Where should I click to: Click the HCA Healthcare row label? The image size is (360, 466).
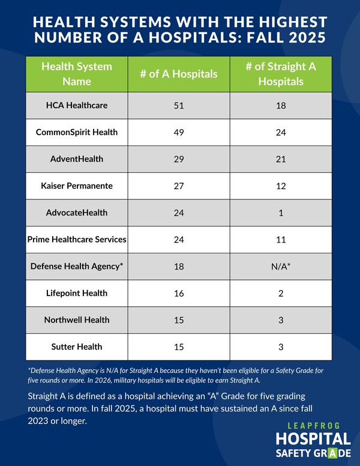click(77, 105)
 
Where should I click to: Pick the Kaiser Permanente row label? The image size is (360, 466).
click(77, 186)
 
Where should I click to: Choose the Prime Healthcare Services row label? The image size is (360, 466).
click(77, 239)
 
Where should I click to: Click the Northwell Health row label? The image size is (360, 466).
click(77, 319)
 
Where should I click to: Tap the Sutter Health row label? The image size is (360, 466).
click(77, 346)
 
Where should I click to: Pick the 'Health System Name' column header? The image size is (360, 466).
click(77, 73)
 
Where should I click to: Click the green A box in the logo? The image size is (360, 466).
click(324, 453)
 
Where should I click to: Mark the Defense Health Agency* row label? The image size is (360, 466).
click(77, 266)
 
